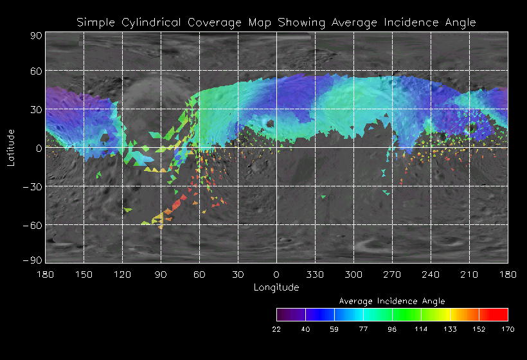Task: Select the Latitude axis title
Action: [x=10, y=148]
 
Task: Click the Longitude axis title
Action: [x=276, y=287]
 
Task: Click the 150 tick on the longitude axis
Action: [x=84, y=274]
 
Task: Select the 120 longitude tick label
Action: [x=122, y=274]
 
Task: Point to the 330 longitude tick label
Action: [x=315, y=274]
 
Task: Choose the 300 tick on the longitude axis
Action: [x=353, y=274]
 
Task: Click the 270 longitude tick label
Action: [x=392, y=274]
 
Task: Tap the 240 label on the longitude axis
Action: [x=431, y=274]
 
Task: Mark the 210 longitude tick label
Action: [x=469, y=274]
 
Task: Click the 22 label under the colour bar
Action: [x=276, y=329]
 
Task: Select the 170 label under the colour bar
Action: [x=508, y=329]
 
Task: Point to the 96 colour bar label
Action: [x=392, y=329]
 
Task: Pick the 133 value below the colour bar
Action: [x=450, y=329]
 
